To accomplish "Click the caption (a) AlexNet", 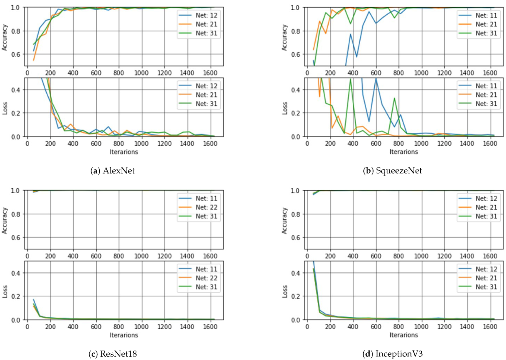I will (112, 171).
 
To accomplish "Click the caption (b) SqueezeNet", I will (392, 171).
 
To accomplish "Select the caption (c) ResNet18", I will (112, 353).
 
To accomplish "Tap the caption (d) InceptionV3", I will (392, 353).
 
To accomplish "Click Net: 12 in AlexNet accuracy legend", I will (206, 15).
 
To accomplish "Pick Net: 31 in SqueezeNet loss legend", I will (486, 104).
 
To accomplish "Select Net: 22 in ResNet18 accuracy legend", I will (206, 207).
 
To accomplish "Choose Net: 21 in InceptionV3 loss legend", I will (486, 278).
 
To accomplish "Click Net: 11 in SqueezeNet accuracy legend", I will (486, 15).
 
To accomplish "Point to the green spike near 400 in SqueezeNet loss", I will (351, 79).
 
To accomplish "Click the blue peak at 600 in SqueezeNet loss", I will (376, 79).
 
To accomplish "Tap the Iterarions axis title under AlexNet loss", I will (124, 152).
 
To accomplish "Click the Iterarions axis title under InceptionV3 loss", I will (403, 335).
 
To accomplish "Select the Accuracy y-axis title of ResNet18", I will (4, 221).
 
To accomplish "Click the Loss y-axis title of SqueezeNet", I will (285, 108).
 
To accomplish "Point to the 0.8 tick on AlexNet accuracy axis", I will (16, 31).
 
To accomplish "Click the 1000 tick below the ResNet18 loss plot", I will (141, 327).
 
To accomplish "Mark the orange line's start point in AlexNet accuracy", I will (34, 60).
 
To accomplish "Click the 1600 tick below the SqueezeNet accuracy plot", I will (490, 73).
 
